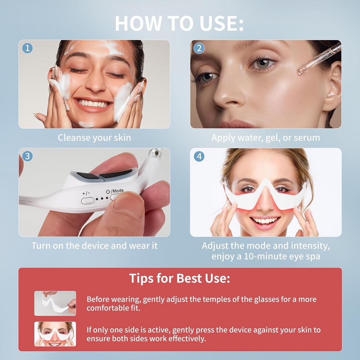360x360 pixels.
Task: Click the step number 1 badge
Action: tap(27, 48)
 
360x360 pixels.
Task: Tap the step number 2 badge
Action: tap(199, 48)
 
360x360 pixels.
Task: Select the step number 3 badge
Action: tap(27, 156)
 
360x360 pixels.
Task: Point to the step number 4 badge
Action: tap(199, 156)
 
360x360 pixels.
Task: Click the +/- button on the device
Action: tap(88, 201)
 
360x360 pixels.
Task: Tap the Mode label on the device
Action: tap(117, 191)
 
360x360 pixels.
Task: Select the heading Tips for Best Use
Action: tap(180, 278)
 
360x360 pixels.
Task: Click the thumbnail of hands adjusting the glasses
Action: tap(55, 303)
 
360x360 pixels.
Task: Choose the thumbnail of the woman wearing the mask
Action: tap(55, 334)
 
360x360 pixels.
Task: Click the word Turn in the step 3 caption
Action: tap(41, 245)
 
